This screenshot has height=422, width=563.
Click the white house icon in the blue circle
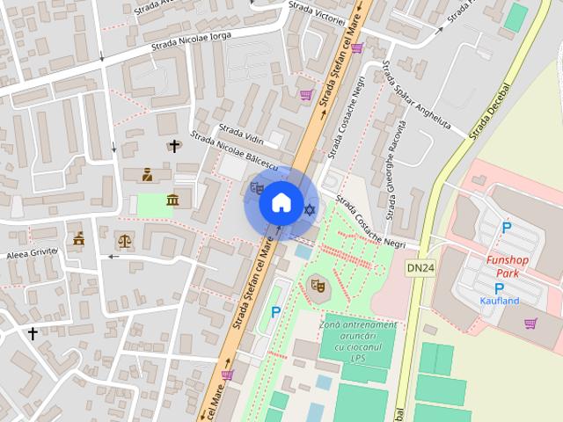pyautogui.click(x=281, y=203)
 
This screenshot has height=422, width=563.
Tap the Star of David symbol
pyautogui.click(x=309, y=209)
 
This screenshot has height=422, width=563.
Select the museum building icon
pyautogui.click(x=172, y=201)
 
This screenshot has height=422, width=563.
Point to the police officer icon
pyautogui.click(x=147, y=175)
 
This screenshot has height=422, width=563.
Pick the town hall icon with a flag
pyautogui.click(x=79, y=238)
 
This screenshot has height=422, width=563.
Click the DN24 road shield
pyautogui.click(x=420, y=267)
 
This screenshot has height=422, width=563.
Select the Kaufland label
pyautogui.click(x=500, y=301)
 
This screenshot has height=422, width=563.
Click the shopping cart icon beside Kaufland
pyautogui.click(x=530, y=323)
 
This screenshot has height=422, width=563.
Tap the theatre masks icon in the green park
pyautogui.click(x=317, y=284)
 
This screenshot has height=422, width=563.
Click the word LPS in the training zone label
pyautogui.click(x=358, y=358)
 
